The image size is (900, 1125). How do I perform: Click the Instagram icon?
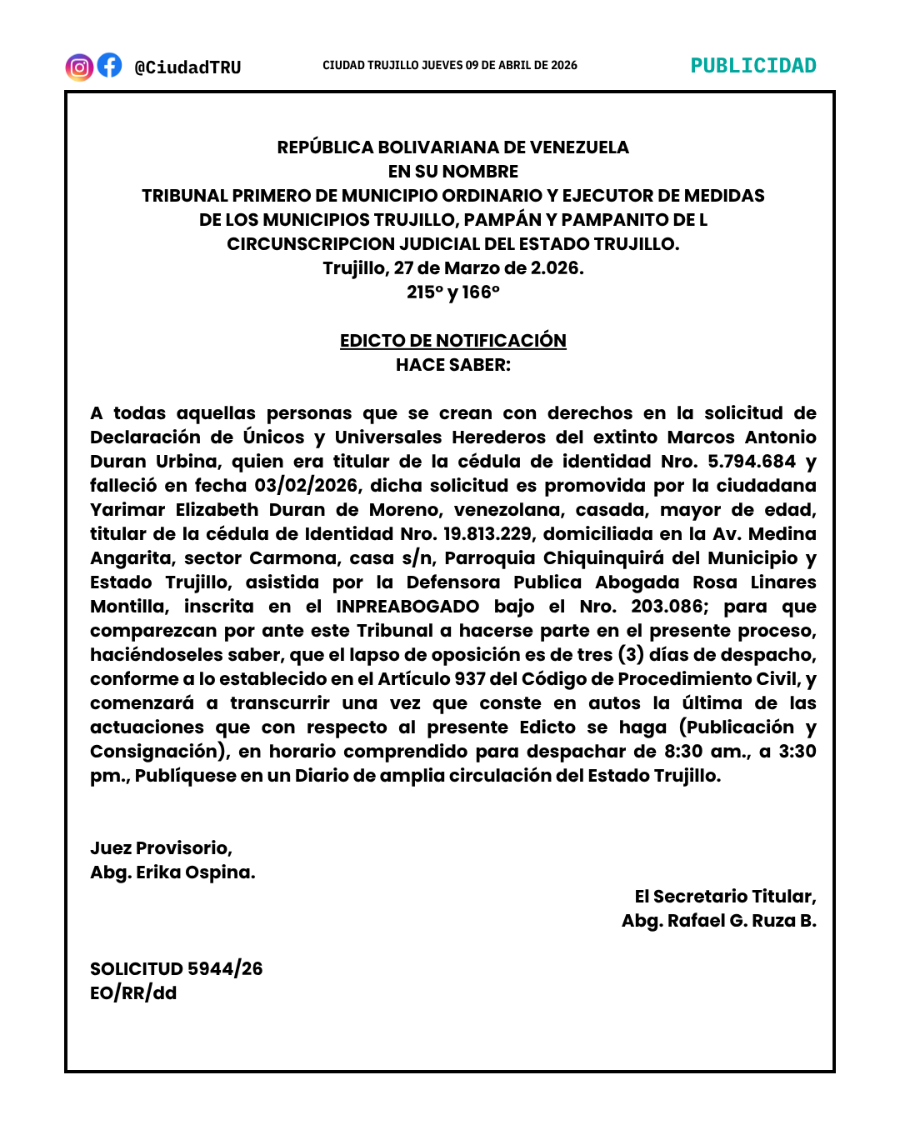pyautogui.click(x=79, y=67)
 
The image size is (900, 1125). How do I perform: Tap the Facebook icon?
pyautogui.click(x=109, y=65)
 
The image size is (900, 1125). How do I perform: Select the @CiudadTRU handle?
pyautogui.click(x=187, y=67)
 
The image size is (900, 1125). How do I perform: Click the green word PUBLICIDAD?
pyautogui.click(x=753, y=66)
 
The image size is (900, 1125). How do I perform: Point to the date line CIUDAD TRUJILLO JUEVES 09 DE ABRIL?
pyautogui.click(x=450, y=65)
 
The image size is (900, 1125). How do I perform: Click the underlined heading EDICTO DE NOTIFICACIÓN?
pyautogui.click(x=452, y=341)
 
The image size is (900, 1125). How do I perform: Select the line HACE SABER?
pyautogui.click(x=452, y=365)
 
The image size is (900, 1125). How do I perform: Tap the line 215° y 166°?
pyautogui.click(x=452, y=292)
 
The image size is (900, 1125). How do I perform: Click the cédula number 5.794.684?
pyautogui.click(x=752, y=462)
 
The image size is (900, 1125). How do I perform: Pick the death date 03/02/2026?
pyautogui.click(x=307, y=486)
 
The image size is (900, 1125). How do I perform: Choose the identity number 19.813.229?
pyautogui.click(x=487, y=534)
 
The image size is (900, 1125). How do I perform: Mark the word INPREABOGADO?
pyautogui.click(x=407, y=607)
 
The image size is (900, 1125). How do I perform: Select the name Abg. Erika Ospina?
pyautogui.click(x=172, y=872)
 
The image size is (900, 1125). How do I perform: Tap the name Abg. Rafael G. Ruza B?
pyautogui.click(x=718, y=921)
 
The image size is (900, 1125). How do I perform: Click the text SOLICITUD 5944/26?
pyautogui.click(x=176, y=969)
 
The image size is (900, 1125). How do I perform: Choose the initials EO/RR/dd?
pyautogui.click(x=133, y=993)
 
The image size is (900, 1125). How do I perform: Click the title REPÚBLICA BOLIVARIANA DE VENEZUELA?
pyautogui.click(x=452, y=147)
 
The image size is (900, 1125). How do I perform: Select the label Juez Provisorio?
pyautogui.click(x=161, y=848)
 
